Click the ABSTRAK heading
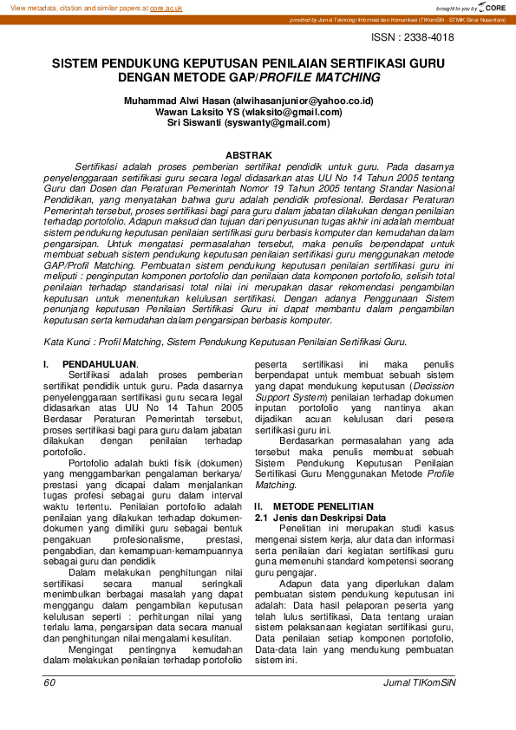tap(249, 155)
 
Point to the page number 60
tap(49, 682)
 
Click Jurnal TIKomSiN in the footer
tap(420, 682)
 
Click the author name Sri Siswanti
tap(194, 123)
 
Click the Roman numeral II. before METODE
tap(258, 505)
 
